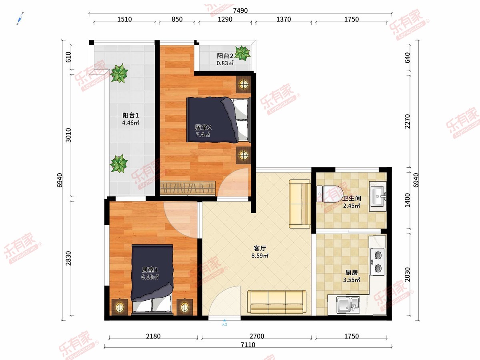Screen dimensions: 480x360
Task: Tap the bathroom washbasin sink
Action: [x=378, y=196]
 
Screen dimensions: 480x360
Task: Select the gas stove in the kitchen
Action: [x=378, y=262]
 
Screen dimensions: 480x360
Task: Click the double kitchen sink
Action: [x=348, y=304]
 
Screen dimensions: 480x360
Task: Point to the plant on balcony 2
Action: [x=242, y=53]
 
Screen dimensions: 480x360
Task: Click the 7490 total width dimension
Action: [x=240, y=10]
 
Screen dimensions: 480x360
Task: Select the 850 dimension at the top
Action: [x=177, y=19]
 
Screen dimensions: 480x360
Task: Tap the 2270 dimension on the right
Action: [x=407, y=122]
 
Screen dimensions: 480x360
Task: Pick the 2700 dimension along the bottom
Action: [x=257, y=336]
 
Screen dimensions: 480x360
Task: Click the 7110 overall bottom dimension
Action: [x=248, y=345]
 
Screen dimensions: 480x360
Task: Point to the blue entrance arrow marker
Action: [x=224, y=320]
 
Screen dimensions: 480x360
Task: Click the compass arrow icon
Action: [x=20, y=18]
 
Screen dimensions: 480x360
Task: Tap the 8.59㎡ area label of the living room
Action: [x=260, y=256]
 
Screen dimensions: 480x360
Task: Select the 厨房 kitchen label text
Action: [x=352, y=272]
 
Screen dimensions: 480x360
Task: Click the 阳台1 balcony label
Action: [x=130, y=115]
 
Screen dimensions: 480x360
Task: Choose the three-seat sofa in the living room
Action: [x=277, y=302]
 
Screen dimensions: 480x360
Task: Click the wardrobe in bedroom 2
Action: [x=188, y=188]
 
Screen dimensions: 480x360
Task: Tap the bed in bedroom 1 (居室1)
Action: [x=152, y=280]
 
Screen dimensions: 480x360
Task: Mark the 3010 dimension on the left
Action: [x=68, y=135]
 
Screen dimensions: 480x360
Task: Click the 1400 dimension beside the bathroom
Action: [x=407, y=200]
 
